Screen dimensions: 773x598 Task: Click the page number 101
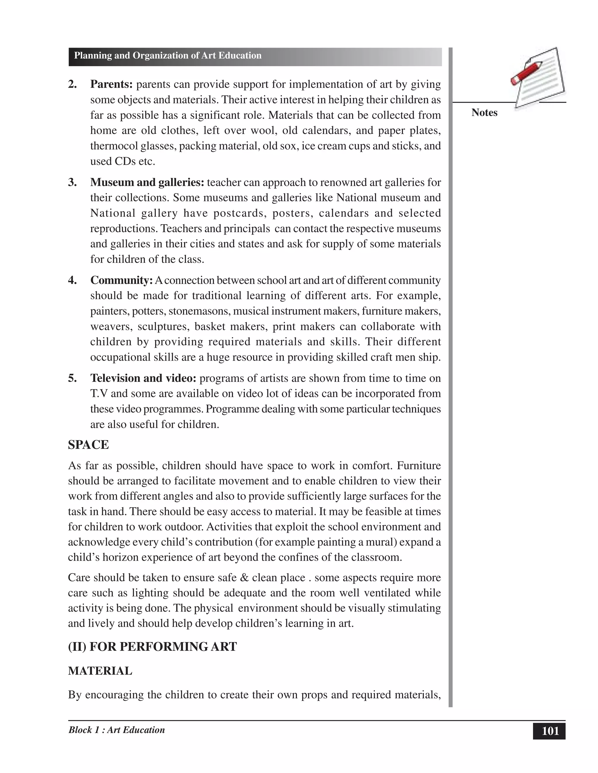[x=550, y=731]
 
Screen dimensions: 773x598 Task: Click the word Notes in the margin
[x=484, y=113]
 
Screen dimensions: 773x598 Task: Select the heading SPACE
[x=88, y=445]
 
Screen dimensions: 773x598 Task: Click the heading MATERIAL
[x=100, y=671]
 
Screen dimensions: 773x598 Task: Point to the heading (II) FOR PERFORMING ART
[x=152, y=647]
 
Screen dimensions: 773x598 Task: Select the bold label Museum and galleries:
[x=147, y=182]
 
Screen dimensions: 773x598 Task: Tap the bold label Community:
[x=121, y=280]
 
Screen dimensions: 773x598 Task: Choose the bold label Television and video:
[x=143, y=378]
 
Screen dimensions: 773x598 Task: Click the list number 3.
[x=72, y=182]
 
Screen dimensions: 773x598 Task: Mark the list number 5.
[x=72, y=378]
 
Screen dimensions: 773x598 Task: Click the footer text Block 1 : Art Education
[x=117, y=730]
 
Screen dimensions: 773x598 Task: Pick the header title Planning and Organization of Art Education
[x=168, y=55]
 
